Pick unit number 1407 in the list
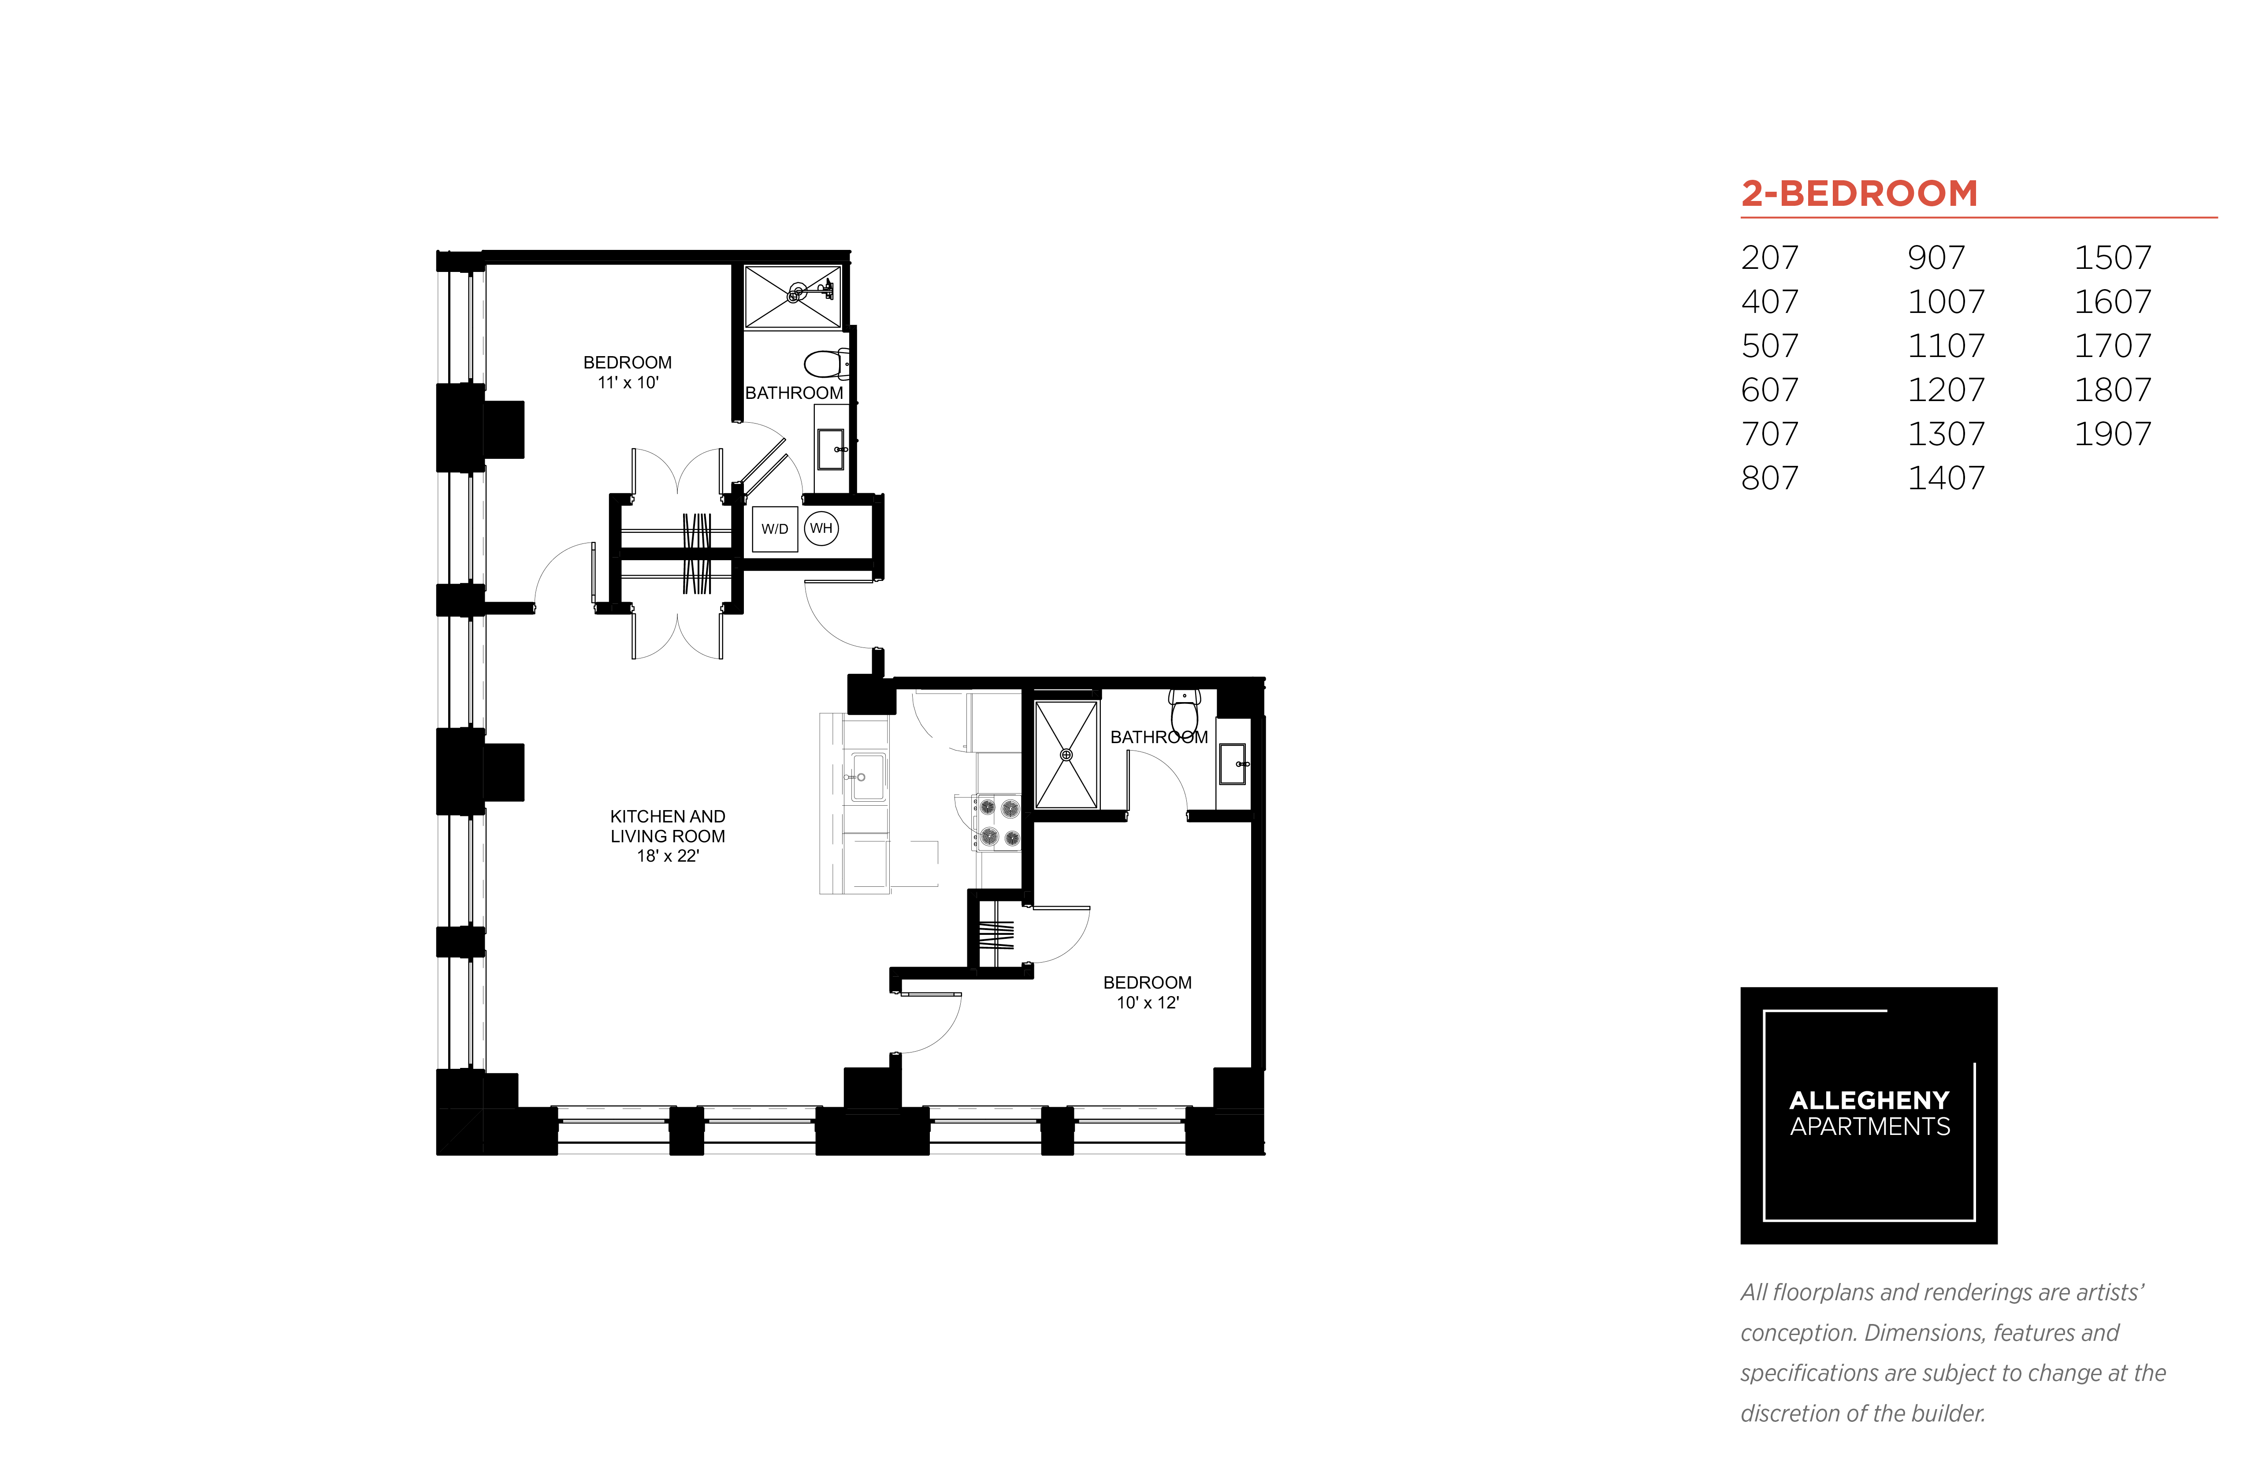1946,478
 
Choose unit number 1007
1946,302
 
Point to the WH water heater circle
821,528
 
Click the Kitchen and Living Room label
667,826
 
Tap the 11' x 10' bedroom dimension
628,383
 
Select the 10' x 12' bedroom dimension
1148,1003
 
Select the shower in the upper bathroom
792,296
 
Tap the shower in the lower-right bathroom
1066,755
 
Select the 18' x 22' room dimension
667,856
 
